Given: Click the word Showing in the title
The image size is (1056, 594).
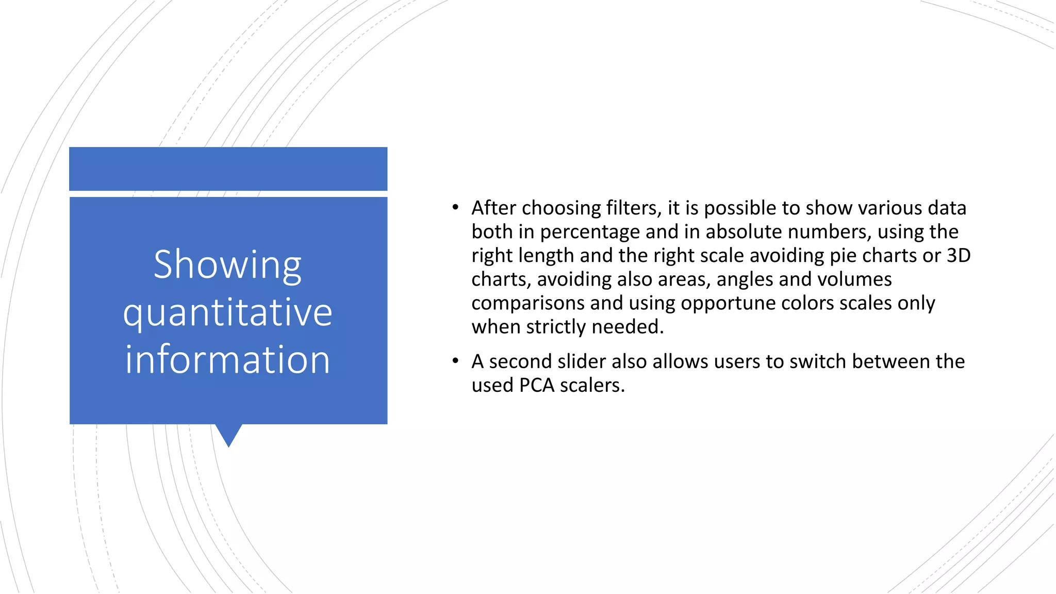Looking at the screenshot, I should pyautogui.click(x=227, y=265).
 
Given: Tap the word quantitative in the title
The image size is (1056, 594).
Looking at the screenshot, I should pyautogui.click(x=227, y=312).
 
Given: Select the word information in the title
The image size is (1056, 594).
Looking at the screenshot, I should pyautogui.click(x=227, y=359).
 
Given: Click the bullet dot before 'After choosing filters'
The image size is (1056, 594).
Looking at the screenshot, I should pyautogui.click(x=455, y=207).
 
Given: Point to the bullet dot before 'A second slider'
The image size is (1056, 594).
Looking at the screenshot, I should pyautogui.click(x=455, y=361).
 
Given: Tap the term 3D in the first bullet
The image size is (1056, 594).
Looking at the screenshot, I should pyautogui.click(x=959, y=256).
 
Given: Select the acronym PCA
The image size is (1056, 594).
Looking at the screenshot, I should pyautogui.click(x=536, y=386).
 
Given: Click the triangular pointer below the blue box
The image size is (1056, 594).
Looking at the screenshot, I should pyautogui.click(x=228, y=434).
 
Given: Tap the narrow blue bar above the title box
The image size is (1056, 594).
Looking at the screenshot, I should pyautogui.click(x=228, y=169).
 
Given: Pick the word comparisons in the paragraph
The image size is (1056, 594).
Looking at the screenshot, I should pyautogui.click(x=527, y=303).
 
